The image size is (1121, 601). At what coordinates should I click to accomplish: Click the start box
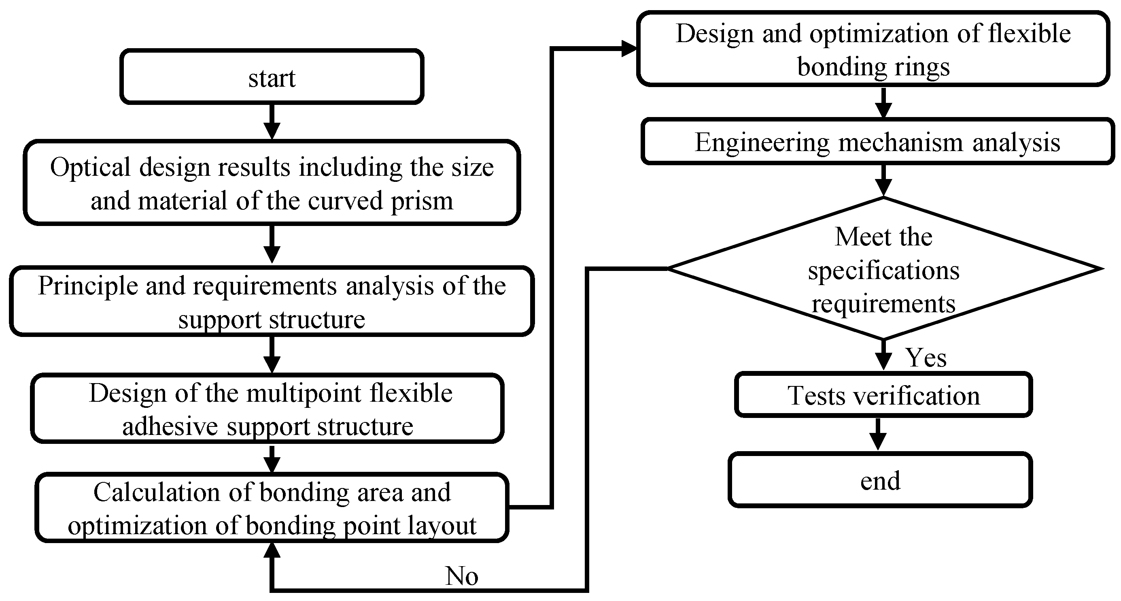coord(272,77)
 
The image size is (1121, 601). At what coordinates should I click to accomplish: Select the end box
coord(880,480)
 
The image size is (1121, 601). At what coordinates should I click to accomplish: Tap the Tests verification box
coord(883,394)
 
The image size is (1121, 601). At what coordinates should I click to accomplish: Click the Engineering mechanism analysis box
coord(877,141)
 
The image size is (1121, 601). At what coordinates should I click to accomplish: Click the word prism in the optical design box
coord(422,202)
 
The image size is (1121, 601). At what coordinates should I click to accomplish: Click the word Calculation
coord(157,492)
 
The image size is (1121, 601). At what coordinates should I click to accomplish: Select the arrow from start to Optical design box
coord(272,121)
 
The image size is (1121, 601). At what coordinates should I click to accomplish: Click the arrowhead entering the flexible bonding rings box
coord(629,48)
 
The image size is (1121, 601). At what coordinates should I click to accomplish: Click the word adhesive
coord(170,427)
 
